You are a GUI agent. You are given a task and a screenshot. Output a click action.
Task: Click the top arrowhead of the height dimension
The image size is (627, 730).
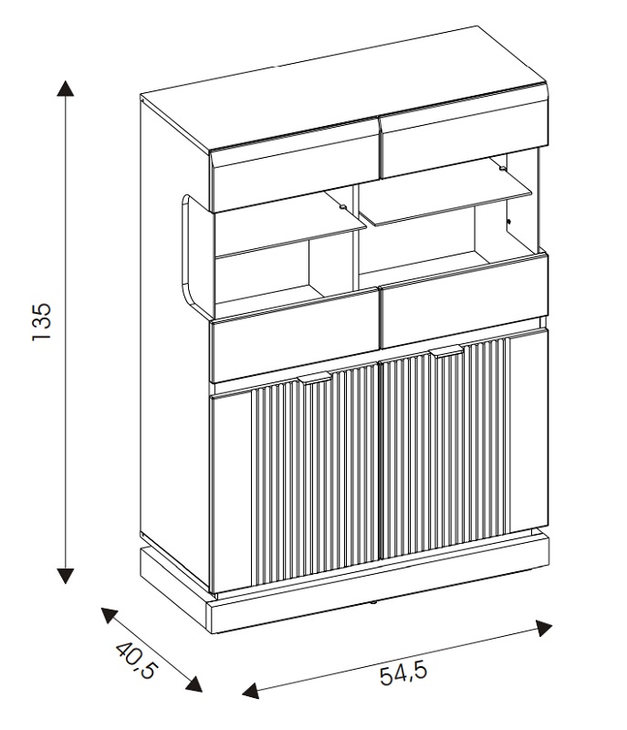[65, 88]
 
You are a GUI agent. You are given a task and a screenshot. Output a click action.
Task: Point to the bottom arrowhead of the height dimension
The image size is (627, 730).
[65, 574]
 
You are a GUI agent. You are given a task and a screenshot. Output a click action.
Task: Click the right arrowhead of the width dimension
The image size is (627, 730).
[544, 628]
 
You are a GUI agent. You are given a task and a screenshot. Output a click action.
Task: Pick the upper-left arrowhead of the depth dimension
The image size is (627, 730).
[109, 616]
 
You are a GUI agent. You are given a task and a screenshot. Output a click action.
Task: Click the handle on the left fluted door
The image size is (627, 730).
[314, 376]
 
